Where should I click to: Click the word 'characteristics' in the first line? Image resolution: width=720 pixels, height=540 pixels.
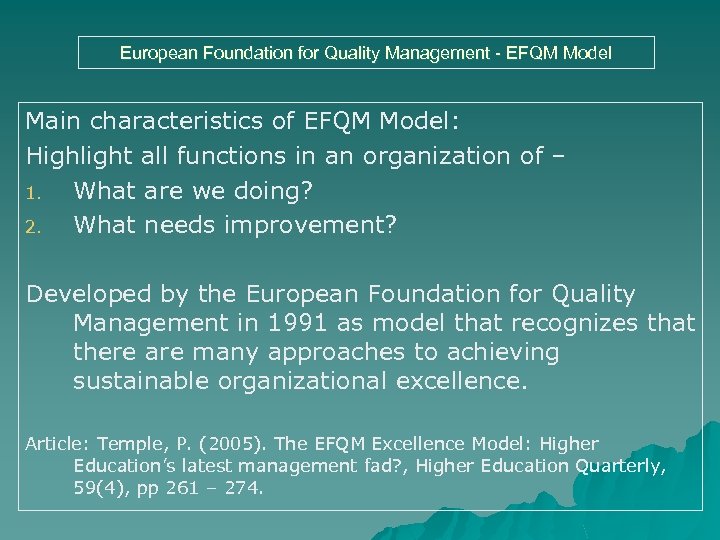pyautogui.click(x=191, y=122)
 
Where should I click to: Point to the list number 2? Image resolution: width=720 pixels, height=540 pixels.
pyautogui.click(x=31, y=227)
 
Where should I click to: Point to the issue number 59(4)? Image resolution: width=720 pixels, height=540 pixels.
pyautogui.click(x=97, y=489)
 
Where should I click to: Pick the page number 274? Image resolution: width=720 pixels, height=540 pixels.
pyautogui.click(x=245, y=489)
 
